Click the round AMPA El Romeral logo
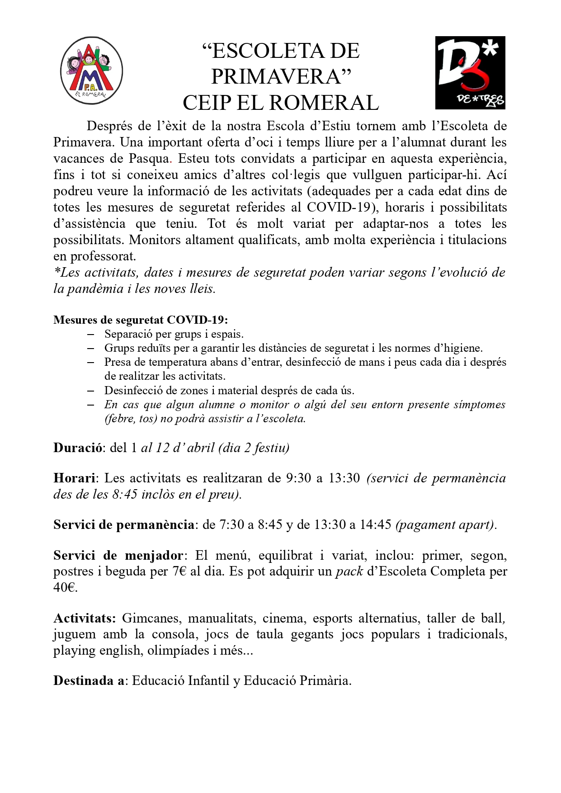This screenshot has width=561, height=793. coord(92,71)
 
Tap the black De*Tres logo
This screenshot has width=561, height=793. coord(470,73)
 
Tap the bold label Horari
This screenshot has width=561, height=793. coord(74,478)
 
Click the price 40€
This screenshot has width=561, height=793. coord(65,588)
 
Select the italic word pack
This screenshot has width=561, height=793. coord(349,571)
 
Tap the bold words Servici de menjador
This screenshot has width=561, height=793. coord(118,556)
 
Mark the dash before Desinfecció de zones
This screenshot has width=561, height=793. coord(91,391)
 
